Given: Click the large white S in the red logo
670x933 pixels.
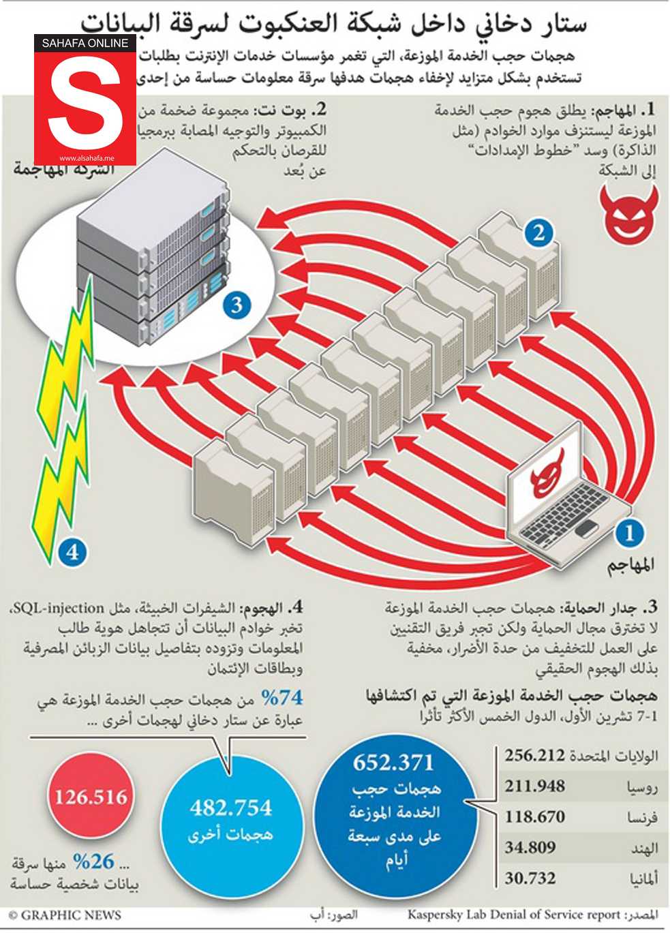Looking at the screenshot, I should pos(85,106).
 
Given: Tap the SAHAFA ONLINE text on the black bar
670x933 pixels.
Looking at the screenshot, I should pos(85,43).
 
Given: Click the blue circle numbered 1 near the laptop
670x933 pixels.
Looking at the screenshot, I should pos(629,532).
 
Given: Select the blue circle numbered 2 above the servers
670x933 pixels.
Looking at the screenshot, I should pos(538,234).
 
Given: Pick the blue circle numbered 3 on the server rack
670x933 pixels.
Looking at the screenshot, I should pos(237,304).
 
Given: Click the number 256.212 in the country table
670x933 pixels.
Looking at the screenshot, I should pos(534,755).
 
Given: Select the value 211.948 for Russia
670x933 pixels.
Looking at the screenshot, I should pos(534,786).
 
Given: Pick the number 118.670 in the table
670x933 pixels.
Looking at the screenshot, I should pos(534,816).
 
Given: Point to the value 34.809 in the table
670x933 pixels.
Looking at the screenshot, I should pos(530,848).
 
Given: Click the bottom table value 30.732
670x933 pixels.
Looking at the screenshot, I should pos(530,878).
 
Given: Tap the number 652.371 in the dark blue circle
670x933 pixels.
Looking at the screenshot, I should pos(393,762).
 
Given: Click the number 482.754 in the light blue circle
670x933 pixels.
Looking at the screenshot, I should pos(230,808).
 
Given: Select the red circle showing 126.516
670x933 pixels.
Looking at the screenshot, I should pos(91,797).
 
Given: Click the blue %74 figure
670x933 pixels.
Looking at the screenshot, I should pos(281,698).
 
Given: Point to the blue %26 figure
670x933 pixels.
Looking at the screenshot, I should pos(93,862).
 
